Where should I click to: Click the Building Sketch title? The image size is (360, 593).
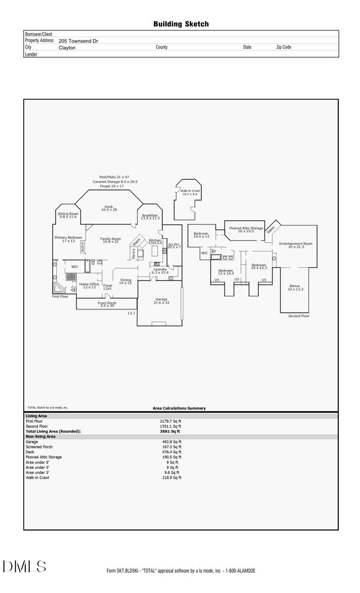click(x=181, y=24)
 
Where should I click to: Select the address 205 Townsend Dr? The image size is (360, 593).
click(x=78, y=42)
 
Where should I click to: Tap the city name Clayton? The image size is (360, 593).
click(x=67, y=48)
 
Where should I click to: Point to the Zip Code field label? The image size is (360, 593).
click(x=283, y=47)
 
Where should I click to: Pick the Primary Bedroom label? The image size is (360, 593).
click(x=68, y=239)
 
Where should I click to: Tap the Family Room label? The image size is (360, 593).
click(x=110, y=240)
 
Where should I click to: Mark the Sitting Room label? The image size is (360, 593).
click(x=68, y=215)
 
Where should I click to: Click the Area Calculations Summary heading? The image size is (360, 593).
click(x=179, y=408)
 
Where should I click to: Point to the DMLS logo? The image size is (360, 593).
click(x=25, y=566)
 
